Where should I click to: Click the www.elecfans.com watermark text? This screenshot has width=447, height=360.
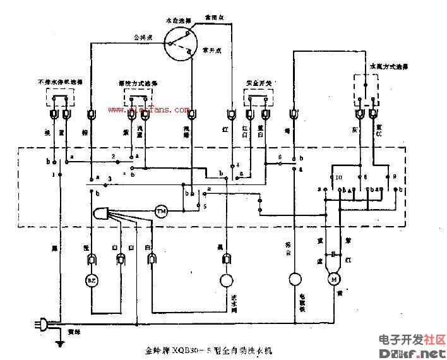click(148, 110)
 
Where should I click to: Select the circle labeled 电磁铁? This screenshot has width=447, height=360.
click(294, 279)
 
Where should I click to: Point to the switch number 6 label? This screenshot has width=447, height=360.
click(279, 157)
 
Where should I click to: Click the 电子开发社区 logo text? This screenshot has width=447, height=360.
click(412, 339)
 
